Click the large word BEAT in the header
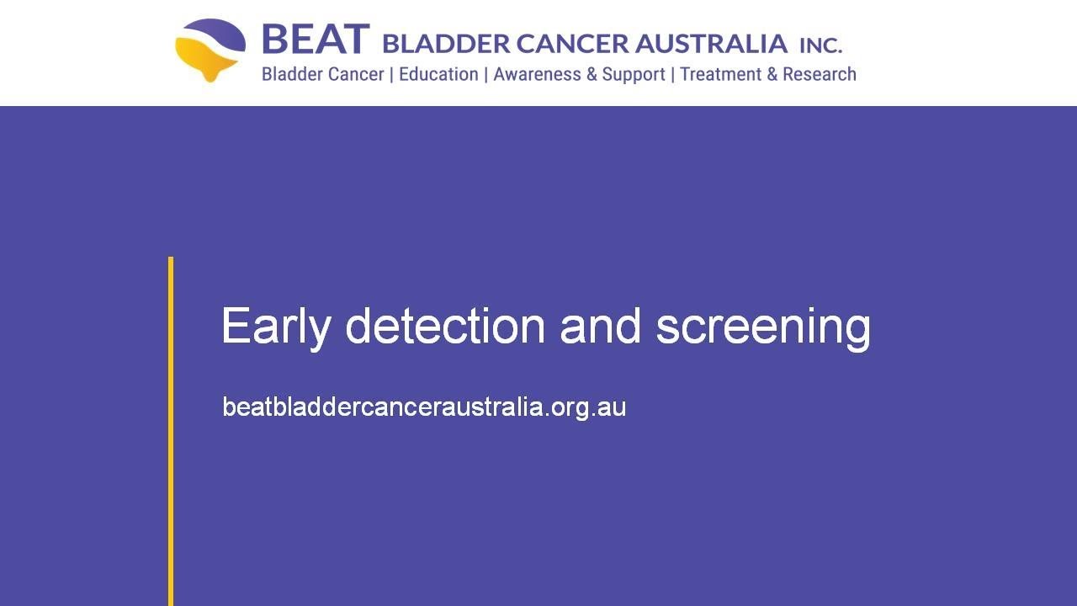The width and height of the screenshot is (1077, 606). click(315, 40)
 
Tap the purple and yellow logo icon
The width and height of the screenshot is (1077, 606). click(210, 50)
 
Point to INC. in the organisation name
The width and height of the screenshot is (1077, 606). click(820, 45)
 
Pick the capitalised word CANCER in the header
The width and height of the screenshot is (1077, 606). click(571, 43)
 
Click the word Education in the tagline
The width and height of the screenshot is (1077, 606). click(438, 74)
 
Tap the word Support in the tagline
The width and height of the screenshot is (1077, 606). click(634, 75)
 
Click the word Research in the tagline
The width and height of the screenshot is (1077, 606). click(819, 74)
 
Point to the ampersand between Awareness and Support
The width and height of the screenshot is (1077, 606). click(592, 74)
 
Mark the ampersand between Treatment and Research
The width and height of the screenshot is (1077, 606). click(772, 74)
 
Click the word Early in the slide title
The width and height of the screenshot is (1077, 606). click(275, 327)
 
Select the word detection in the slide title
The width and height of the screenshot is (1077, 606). click(445, 326)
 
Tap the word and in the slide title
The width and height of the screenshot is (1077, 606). click(600, 326)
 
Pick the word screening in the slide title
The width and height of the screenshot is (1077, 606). click(763, 327)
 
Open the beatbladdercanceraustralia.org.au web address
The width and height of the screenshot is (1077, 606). click(424, 407)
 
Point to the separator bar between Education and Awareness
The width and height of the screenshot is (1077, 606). click(485, 74)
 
